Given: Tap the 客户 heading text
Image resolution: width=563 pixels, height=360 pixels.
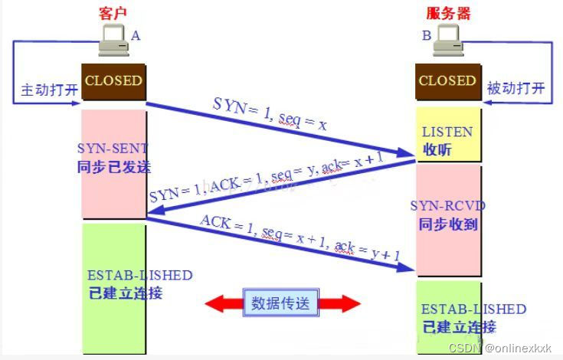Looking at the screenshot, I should coord(113,13).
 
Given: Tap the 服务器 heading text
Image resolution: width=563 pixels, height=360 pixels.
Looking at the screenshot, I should coord(447,13).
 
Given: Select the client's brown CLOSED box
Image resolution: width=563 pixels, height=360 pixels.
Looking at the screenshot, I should coord(113,80).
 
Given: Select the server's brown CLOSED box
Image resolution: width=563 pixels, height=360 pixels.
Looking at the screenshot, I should coord(447,80).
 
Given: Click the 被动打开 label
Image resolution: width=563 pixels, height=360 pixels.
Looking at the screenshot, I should coord(516,89).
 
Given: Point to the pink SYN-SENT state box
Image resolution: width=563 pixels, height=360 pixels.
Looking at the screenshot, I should coord(113,164).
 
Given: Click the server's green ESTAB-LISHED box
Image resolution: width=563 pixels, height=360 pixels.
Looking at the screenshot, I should coord(448,318).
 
